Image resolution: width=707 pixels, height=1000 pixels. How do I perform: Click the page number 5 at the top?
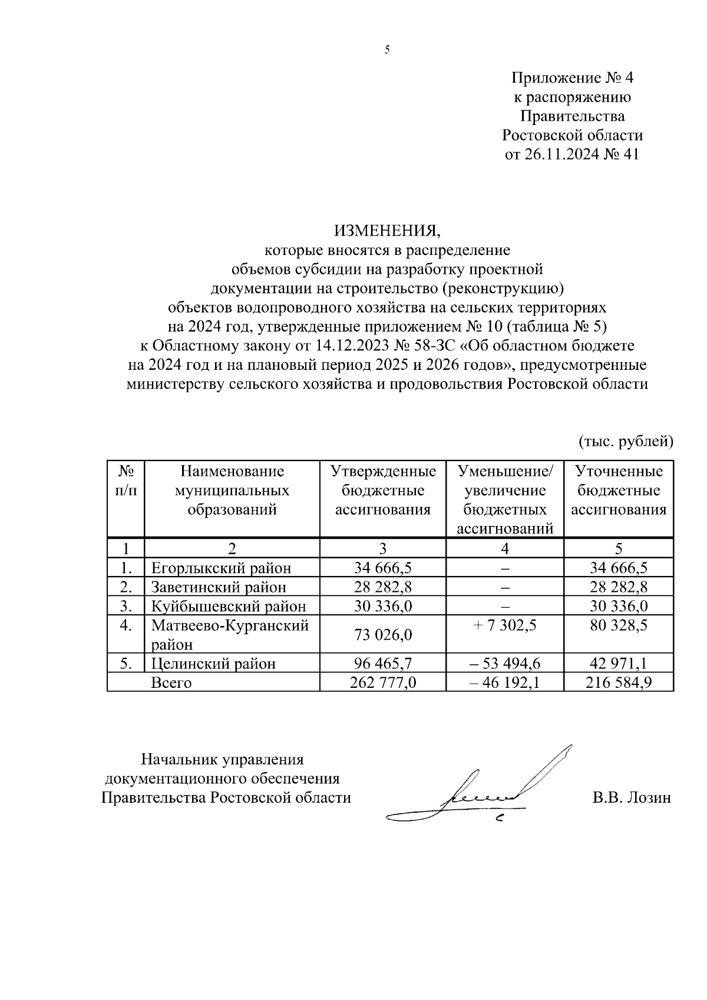(387, 51)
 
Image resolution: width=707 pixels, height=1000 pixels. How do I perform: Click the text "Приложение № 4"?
(571, 78)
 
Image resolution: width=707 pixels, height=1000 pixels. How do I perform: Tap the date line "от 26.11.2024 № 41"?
(571, 154)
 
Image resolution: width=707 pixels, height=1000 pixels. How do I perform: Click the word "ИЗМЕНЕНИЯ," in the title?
(387, 230)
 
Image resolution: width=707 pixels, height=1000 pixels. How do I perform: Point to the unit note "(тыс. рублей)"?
(625, 441)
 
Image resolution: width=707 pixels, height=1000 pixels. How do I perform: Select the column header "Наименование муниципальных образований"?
(232, 490)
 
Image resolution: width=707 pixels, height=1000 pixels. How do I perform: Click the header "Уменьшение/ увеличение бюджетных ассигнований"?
(505, 499)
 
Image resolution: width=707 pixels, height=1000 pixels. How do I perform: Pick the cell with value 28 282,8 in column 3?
(382, 587)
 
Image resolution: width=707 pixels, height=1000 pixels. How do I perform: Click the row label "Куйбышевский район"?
(229, 606)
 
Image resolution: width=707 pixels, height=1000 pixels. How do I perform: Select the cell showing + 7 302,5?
(504, 625)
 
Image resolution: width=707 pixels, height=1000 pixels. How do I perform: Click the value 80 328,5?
(619, 625)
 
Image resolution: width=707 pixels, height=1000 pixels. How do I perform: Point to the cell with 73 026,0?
(382, 635)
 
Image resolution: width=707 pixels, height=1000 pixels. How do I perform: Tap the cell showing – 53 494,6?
(504, 664)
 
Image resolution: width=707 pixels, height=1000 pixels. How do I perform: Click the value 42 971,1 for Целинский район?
(619, 664)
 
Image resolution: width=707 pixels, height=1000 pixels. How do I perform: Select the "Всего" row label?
(171, 683)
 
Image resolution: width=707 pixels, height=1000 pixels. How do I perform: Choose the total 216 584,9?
(619, 683)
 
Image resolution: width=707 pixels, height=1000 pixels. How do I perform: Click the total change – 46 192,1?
(504, 683)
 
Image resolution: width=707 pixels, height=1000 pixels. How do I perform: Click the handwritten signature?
(483, 792)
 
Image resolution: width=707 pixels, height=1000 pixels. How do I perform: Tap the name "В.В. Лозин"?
(632, 798)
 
